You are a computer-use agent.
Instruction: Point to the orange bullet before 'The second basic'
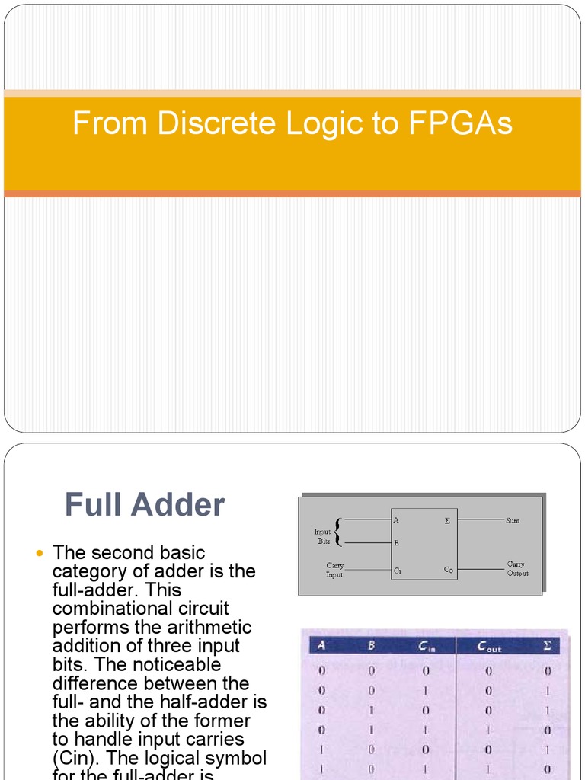click(x=41, y=553)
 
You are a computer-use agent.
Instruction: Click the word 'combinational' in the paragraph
click(x=141, y=609)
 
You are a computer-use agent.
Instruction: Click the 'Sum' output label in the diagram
click(x=513, y=520)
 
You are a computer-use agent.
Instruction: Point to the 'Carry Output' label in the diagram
click(x=517, y=569)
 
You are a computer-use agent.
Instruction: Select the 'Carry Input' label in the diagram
click(x=334, y=570)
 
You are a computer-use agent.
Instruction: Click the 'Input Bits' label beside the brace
click(x=323, y=536)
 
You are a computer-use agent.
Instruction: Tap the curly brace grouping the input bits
click(x=337, y=532)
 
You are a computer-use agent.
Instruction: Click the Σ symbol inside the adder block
click(x=447, y=521)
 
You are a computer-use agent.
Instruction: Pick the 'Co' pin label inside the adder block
click(x=449, y=570)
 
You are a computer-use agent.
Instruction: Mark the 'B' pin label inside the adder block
click(x=396, y=544)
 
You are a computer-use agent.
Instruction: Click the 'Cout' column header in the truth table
click(x=489, y=647)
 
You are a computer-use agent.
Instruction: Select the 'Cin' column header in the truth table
click(x=427, y=647)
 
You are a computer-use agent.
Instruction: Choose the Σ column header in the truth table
click(x=546, y=647)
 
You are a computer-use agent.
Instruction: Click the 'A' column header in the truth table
click(x=321, y=647)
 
